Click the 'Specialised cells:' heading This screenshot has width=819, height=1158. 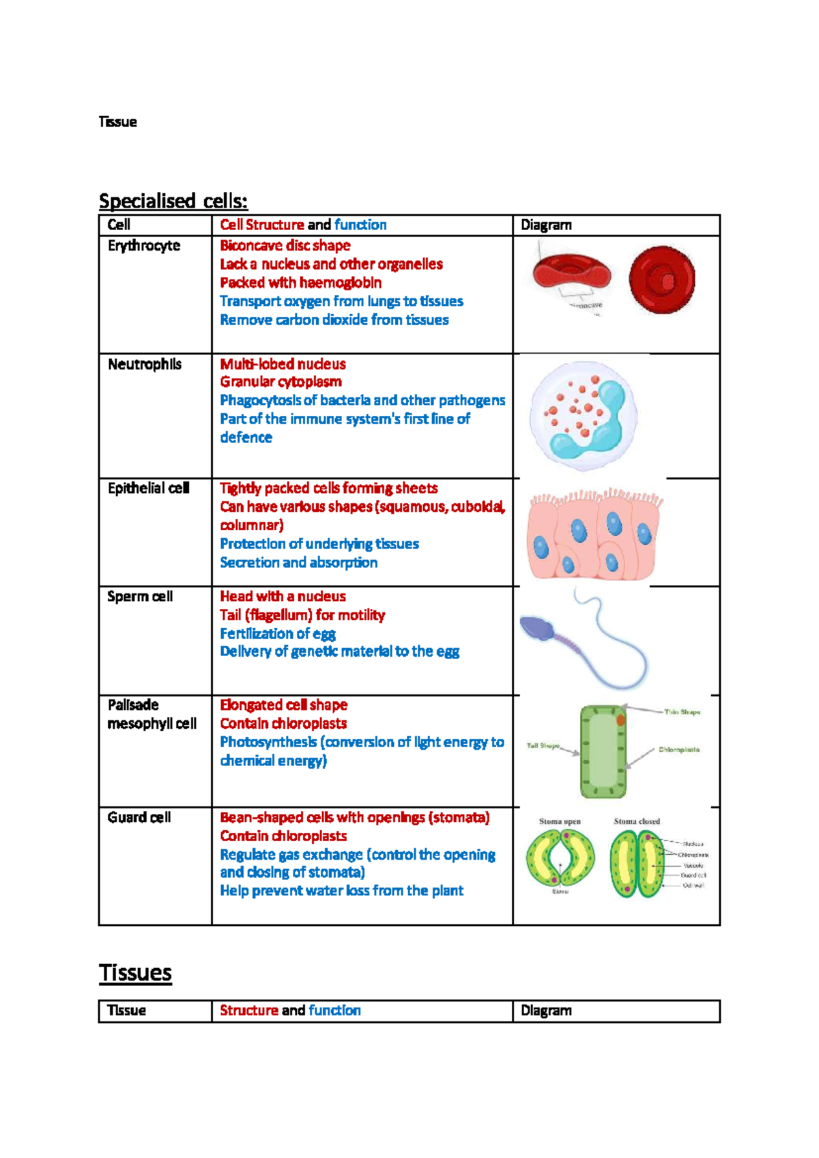click(x=173, y=201)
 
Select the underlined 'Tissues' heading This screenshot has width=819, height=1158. click(x=135, y=972)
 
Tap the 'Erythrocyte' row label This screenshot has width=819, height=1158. click(x=144, y=246)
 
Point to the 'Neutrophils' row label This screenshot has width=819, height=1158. click(x=145, y=364)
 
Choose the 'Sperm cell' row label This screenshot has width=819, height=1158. click(x=140, y=596)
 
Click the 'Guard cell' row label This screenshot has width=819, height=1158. click(x=139, y=817)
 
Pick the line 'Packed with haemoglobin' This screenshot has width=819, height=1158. click(x=300, y=283)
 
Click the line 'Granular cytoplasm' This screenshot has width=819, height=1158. click(x=281, y=382)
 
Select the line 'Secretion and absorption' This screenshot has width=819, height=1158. click(x=298, y=563)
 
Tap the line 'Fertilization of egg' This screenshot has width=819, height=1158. click(x=277, y=634)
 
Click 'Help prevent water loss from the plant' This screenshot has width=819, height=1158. click(x=341, y=890)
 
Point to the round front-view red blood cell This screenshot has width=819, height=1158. click(x=661, y=279)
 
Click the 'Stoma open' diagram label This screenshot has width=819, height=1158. click(x=560, y=821)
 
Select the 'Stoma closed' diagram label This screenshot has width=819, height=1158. click(x=637, y=821)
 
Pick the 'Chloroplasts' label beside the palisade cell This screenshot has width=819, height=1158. click(x=678, y=750)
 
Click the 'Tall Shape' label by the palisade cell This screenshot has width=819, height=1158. click(x=543, y=746)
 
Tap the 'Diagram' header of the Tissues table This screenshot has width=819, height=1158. click(x=546, y=1011)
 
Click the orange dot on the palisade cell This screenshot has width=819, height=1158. click(x=621, y=720)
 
